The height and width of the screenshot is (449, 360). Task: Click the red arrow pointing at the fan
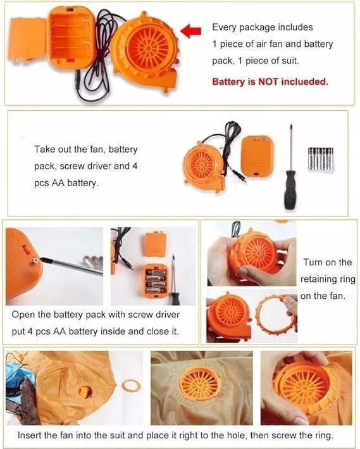pyautogui.click(x=191, y=30)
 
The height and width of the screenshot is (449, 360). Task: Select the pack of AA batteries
pyautogui.click(x=321, y=159)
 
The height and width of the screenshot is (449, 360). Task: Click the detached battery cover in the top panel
pyautogui.click(x=28, y=39)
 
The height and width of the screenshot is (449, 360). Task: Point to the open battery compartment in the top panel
pyautogui.click(x=71, y=37)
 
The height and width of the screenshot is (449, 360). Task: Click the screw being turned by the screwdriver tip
pyautogui.click(x=36, y=260)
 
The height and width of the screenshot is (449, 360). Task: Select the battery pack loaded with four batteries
pyautogui.click(x=156, y=281)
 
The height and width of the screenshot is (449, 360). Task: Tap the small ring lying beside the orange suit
pyautogui.click(x=132, y=386)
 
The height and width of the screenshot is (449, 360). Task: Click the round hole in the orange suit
pyautogui.click(x=85, y=392)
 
